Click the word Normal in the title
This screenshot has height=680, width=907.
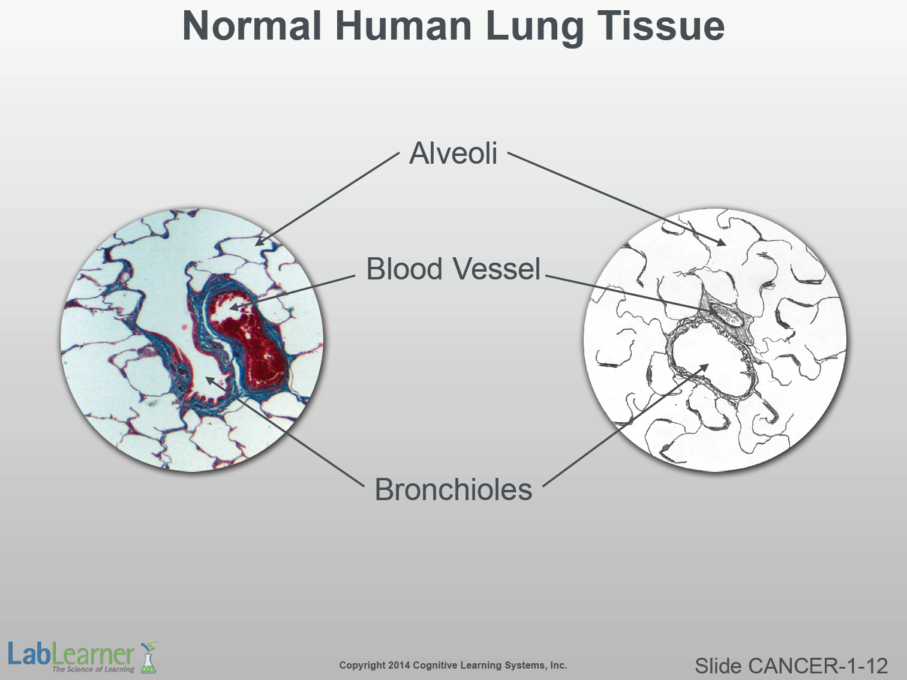pos(251,26)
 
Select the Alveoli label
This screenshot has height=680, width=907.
pos(453,154)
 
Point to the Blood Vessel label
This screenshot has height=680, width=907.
pos(453,269)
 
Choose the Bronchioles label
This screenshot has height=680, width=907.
pos(453,489)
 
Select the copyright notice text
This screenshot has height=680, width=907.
pos(453,665)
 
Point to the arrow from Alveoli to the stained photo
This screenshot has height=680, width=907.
pos(327,198)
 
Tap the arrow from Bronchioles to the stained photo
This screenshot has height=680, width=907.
pos(285,431)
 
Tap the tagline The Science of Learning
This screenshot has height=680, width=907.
pos(93,669)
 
